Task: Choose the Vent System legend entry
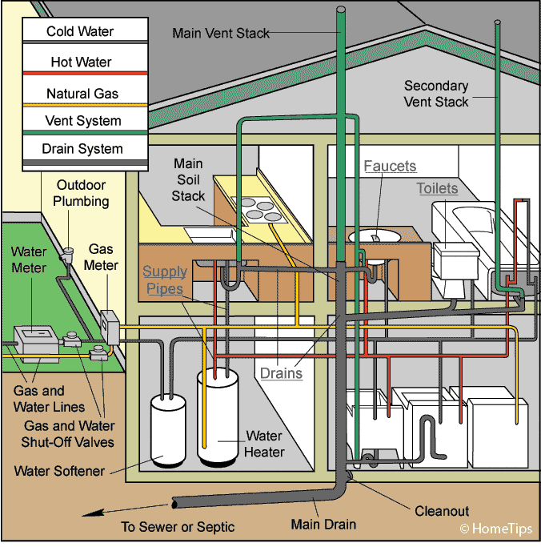coord(83,122)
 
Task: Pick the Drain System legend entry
coord(83,149)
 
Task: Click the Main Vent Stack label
coord(221,34)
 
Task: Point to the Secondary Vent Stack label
coord(436,94)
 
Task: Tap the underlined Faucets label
coord(390,167)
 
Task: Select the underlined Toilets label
coord(437,189)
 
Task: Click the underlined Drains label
coord(281,372)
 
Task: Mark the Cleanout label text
coord(442,511)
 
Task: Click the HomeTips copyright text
coord(495,529)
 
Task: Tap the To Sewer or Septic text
coord(178,526)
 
